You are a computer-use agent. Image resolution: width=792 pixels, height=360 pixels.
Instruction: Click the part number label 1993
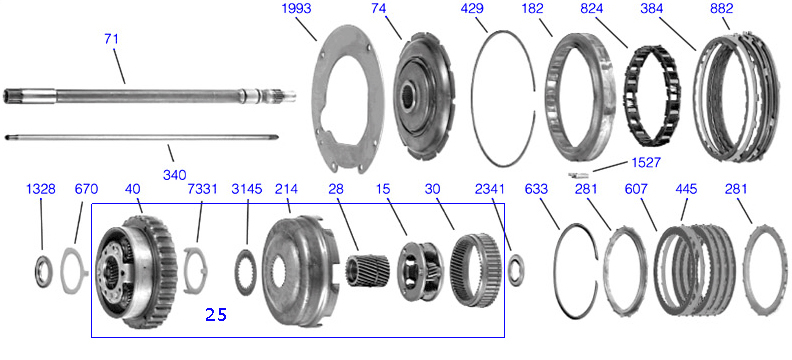298,9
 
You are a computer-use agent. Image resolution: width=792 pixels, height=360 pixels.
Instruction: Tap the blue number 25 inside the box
216,315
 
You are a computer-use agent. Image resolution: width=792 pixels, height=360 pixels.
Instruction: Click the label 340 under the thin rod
174,175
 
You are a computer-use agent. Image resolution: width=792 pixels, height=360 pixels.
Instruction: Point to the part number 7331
202,189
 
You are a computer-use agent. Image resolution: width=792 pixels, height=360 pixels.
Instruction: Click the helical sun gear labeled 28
367,271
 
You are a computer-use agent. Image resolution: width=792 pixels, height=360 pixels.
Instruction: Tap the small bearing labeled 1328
43,272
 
